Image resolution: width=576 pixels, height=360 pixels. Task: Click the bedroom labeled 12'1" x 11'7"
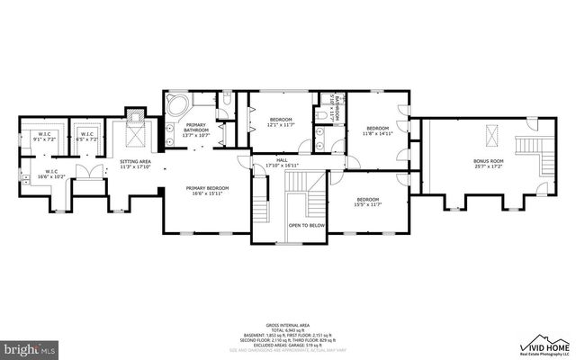pyautogui.click(x=282, y=121)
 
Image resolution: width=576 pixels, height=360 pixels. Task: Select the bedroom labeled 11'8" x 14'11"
pyautogui.click(x=375, y=130)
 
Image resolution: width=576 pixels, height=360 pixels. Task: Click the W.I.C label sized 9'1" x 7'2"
pyautogui.click(x=44, y=139)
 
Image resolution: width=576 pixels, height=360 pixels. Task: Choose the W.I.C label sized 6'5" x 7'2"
pyautogui.click(x=86, y=139)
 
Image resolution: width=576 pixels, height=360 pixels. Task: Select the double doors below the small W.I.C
pyautogui.click(x=86, y=173)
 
